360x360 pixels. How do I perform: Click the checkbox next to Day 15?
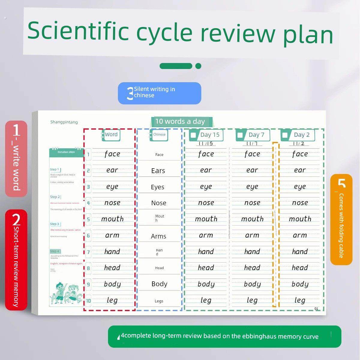(x=194, y=135)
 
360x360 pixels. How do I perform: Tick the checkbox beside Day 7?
(x=240, y=135)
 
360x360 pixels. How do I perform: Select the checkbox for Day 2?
(x=285, y=135)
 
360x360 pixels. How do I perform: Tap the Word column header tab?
(x=111, y=135)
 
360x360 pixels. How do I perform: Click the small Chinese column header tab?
(x=159, y=135)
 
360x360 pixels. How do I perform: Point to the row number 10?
(x=88, y=301)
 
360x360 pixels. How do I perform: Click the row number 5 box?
(x=88, y=219)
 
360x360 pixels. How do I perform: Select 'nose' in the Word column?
(x=112, y=203)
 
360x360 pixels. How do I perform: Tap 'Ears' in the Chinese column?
(x=158, y=171)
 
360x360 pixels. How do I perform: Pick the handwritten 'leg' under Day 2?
(x=300, y=300)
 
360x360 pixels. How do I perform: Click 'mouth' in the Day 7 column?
(x=252, y=219)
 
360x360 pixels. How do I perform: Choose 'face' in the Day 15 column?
(x=206, y=154)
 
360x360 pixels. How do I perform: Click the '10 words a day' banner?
(x=180, y=121)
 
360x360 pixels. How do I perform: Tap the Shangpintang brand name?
(x=64, y=122)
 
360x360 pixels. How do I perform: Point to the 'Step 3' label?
(x=55, y=224)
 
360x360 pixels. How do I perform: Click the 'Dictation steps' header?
(x=66, y=152)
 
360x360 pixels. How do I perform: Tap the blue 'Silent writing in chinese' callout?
(x=159, y=93)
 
